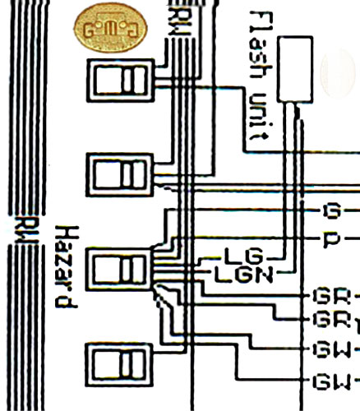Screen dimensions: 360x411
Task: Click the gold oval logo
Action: pyautogui.click(x=110, y=28)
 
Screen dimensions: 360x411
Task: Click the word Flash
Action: pyautogui.click(x=261, y=44)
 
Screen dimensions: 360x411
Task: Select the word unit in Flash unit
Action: pyautogui.click(x=259, y=117)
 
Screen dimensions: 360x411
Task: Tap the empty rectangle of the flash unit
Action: pyautogui.click(x=295, y=69)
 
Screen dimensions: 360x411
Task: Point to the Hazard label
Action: pyautogui.click(x=67, y=266)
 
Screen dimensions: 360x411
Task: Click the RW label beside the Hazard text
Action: pyautogui.click(x=26, y=229)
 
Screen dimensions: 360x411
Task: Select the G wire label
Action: pyautogui.click(x=332, y=210)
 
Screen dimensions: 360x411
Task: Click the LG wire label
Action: pyautogui.click(x=243, y=256)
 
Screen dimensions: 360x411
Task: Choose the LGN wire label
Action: pyautogui.click(x=243, y=275)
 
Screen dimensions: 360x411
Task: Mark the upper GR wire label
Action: pyautogui.click(x=332, y=296)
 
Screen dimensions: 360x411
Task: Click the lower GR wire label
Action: pyautogui.click(x=332, y=319)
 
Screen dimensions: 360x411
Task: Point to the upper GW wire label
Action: pyautogui.click(x=332, y=350)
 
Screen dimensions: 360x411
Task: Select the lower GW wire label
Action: pyautogui.click(x=332, y=381)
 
